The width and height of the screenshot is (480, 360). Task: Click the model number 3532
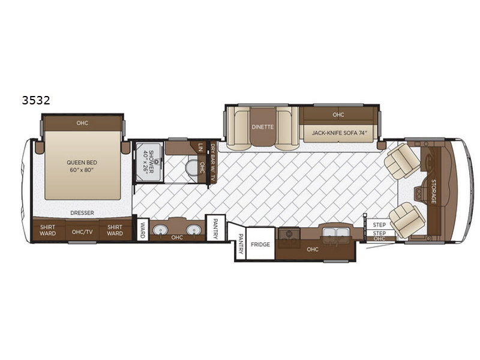36,100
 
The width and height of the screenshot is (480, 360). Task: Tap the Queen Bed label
82,163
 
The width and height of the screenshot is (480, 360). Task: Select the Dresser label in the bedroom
82,213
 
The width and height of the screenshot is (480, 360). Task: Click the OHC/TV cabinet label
82,232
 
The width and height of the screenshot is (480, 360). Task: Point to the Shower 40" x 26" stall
149,161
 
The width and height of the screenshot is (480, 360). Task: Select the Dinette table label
262,127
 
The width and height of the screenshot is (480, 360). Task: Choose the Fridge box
260,244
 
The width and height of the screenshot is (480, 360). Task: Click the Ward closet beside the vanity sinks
143,229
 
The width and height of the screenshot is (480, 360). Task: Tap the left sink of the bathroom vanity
160,229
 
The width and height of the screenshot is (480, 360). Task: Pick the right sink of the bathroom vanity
193,229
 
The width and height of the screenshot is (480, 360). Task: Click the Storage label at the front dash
433,191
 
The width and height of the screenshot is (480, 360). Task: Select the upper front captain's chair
403,161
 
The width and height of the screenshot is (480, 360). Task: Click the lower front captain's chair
407,220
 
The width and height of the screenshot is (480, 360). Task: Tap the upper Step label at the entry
379,224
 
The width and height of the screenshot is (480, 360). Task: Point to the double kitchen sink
336,233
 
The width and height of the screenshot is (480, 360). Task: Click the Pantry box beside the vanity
215,228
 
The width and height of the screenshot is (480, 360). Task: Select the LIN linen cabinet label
200,148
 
